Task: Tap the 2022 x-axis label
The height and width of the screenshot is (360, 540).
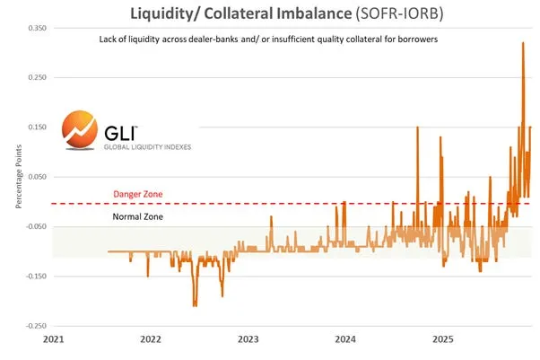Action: click(x=150, y=340)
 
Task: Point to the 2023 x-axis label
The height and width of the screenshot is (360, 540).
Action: click(x=248, y=340)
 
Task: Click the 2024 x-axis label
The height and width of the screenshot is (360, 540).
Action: click(x=345, y=340)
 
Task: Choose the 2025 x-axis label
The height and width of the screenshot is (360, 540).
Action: click(x=442, y=340)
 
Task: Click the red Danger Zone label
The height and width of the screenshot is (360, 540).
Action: click(x=138, y=194)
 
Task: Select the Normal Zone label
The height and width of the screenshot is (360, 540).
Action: click(x=138, y=216)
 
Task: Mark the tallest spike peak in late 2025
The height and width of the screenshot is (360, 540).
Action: click(x=523, y=42)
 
